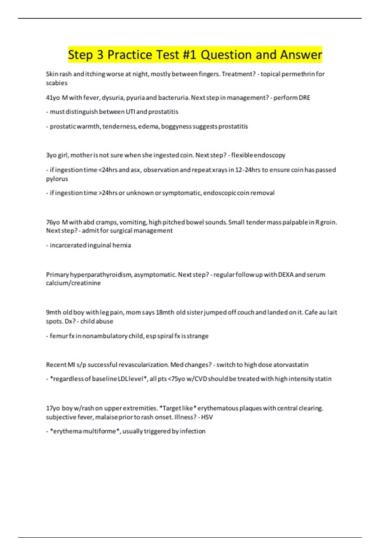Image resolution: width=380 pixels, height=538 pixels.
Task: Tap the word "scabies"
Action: pyautogui.click(x=57, y=83)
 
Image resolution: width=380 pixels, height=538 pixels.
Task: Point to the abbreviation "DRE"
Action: pyautogui.click(x=304, y=98)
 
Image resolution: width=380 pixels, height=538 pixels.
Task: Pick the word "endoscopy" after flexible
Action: pyautogui.click(x=269, y=155)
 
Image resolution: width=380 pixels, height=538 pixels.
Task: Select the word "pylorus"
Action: pyautogui.click(x=57, y=179)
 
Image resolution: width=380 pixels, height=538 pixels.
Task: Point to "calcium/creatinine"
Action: pyautogui.click(x=73, y=283)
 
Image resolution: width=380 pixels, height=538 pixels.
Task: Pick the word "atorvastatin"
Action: pyautogui.click(x=291, y=365)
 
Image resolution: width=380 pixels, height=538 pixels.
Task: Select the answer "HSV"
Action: pyautogui.click(x=207, y=417)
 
